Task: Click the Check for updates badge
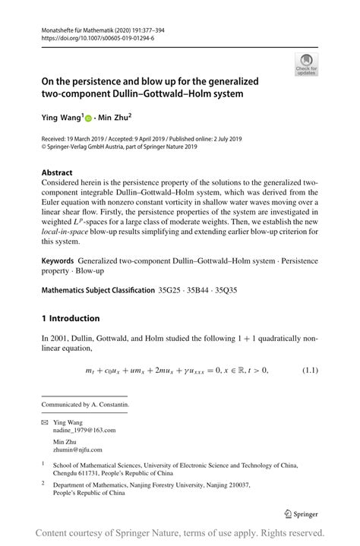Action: (306, 65)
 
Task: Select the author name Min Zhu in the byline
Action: (114, 118)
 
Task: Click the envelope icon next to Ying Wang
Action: (46, 421)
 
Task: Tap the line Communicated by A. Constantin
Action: (85, 405)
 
